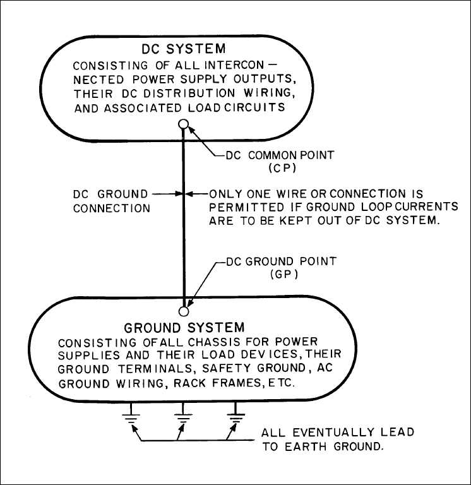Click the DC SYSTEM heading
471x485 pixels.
tap(184, 49)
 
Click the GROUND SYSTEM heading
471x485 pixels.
tap(184, 328)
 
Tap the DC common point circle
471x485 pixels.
tap(183, 124)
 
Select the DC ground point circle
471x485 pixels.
tap(184, 311)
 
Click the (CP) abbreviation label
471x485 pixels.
tap(283, 168)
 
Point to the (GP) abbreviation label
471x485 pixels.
tap(284, 274)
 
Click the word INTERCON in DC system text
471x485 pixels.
tap(234, 65)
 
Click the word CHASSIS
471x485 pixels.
tap(213, 342)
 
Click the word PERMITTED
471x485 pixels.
tap(247, 207)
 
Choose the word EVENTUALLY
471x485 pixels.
tap(333, 433)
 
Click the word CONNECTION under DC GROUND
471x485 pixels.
tap(112, 208)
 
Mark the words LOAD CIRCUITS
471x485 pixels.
tap(236, 107)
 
